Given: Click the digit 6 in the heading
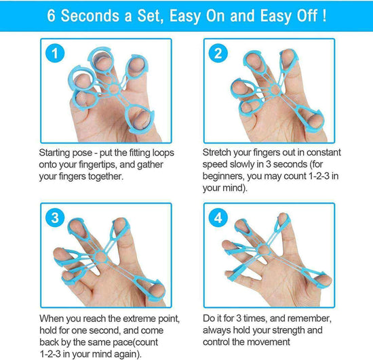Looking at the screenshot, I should tap(52, 15).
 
